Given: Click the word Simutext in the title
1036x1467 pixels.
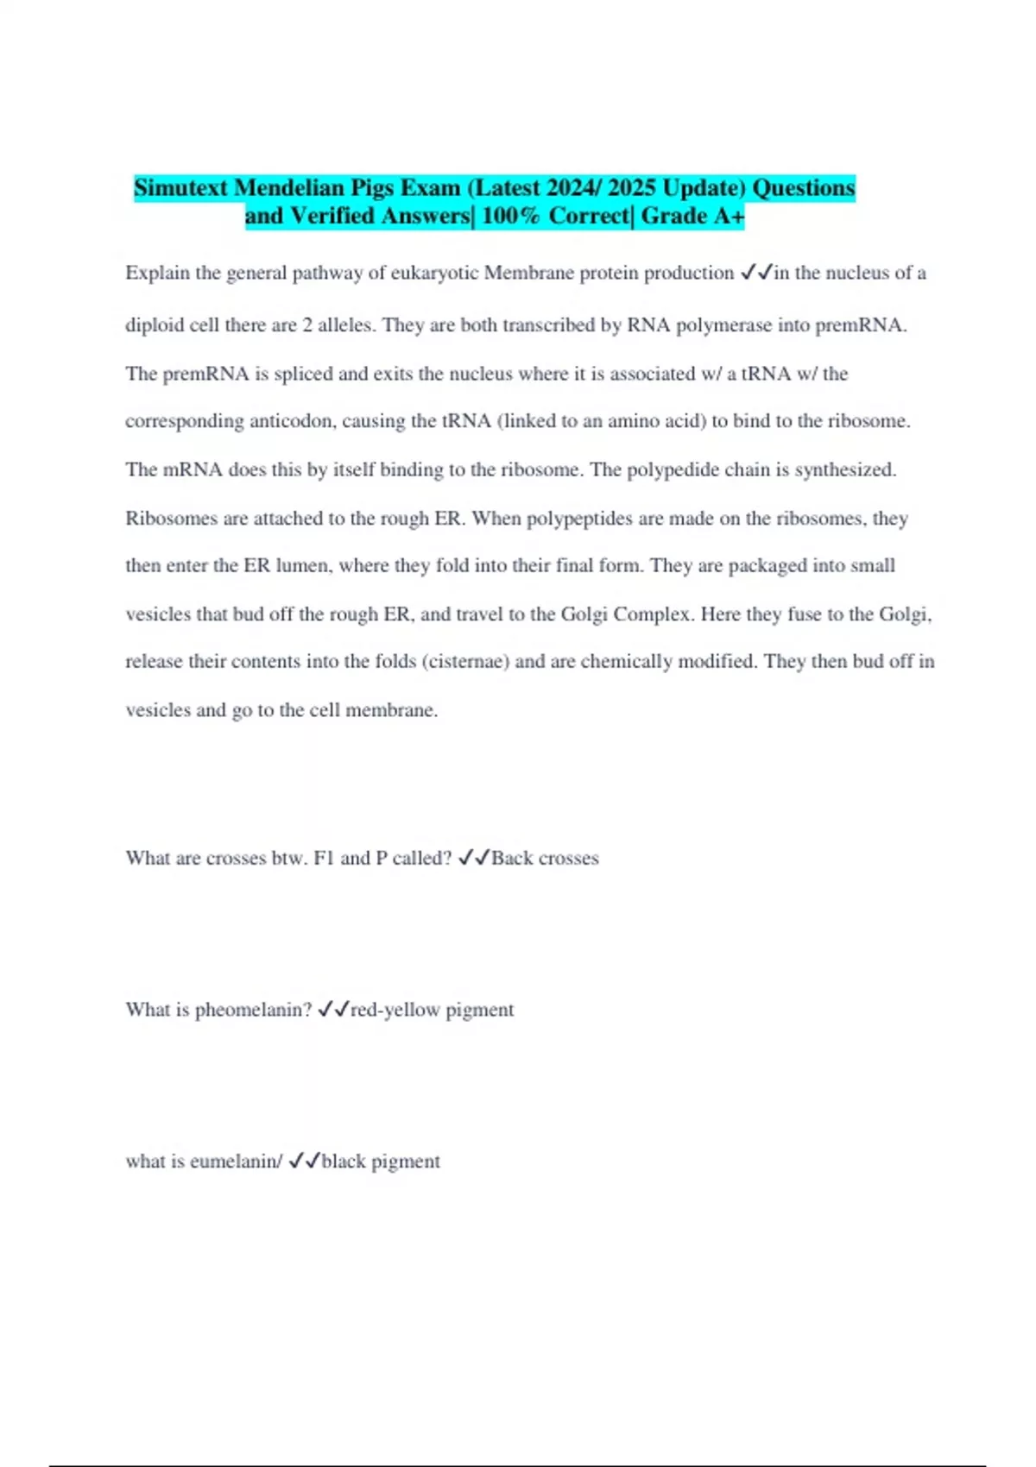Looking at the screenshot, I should click(x=180, y=187).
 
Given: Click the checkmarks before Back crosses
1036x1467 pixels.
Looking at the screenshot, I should click(x=474, y=858).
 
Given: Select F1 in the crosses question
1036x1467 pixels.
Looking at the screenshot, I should click(x=324, y=858).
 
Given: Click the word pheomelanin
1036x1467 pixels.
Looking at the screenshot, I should click(x=253, y=1010).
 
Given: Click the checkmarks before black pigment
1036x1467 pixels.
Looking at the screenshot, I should click(x=305, y=1162).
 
